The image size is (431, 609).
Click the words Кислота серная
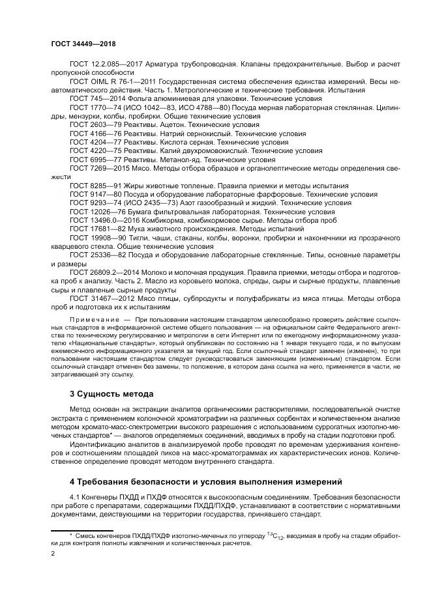click(x=181, y=141)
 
